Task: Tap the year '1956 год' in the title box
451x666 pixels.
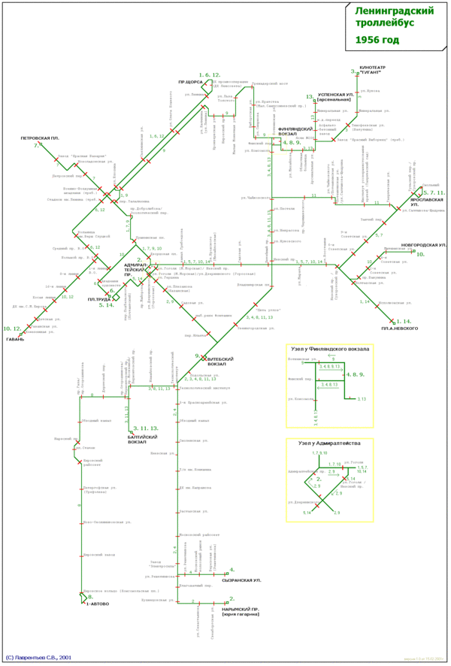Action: [378, 40]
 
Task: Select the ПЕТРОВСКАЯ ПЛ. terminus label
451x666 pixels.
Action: [40, 138]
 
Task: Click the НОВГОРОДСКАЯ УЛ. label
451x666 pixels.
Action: [425, 245]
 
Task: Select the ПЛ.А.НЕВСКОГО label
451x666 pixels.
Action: [399, 328]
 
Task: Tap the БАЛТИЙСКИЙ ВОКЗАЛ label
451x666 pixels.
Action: [143, 439]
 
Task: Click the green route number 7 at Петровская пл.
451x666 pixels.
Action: [35, 145]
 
